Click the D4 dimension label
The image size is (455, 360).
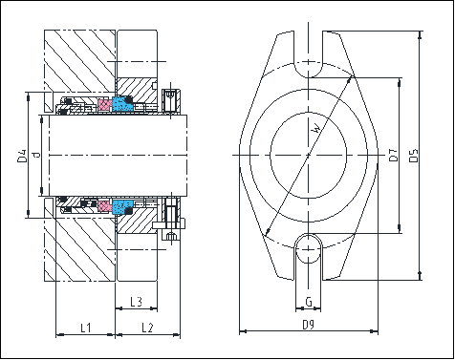pyautogui.click(x=20, y=155)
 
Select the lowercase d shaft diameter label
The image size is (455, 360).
pyautogui.click(x=35, y=155)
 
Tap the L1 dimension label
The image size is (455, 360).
pyautogui.click(x=84, y=328)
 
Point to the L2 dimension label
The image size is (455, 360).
pyautogui.click(x=147, y=328)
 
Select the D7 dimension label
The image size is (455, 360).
pyautogui.click(x=395, y=154)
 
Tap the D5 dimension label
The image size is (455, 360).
pyautogui.click(x=413, y=155)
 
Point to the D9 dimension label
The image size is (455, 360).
pyautogui.click(x=308, y=327)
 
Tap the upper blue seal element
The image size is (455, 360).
pyautogui.click(x=122, y=102)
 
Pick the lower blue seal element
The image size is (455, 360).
pyautogui.click(x=122, y=207)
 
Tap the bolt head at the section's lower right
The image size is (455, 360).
pyautogui.click(x=172, y=235)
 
